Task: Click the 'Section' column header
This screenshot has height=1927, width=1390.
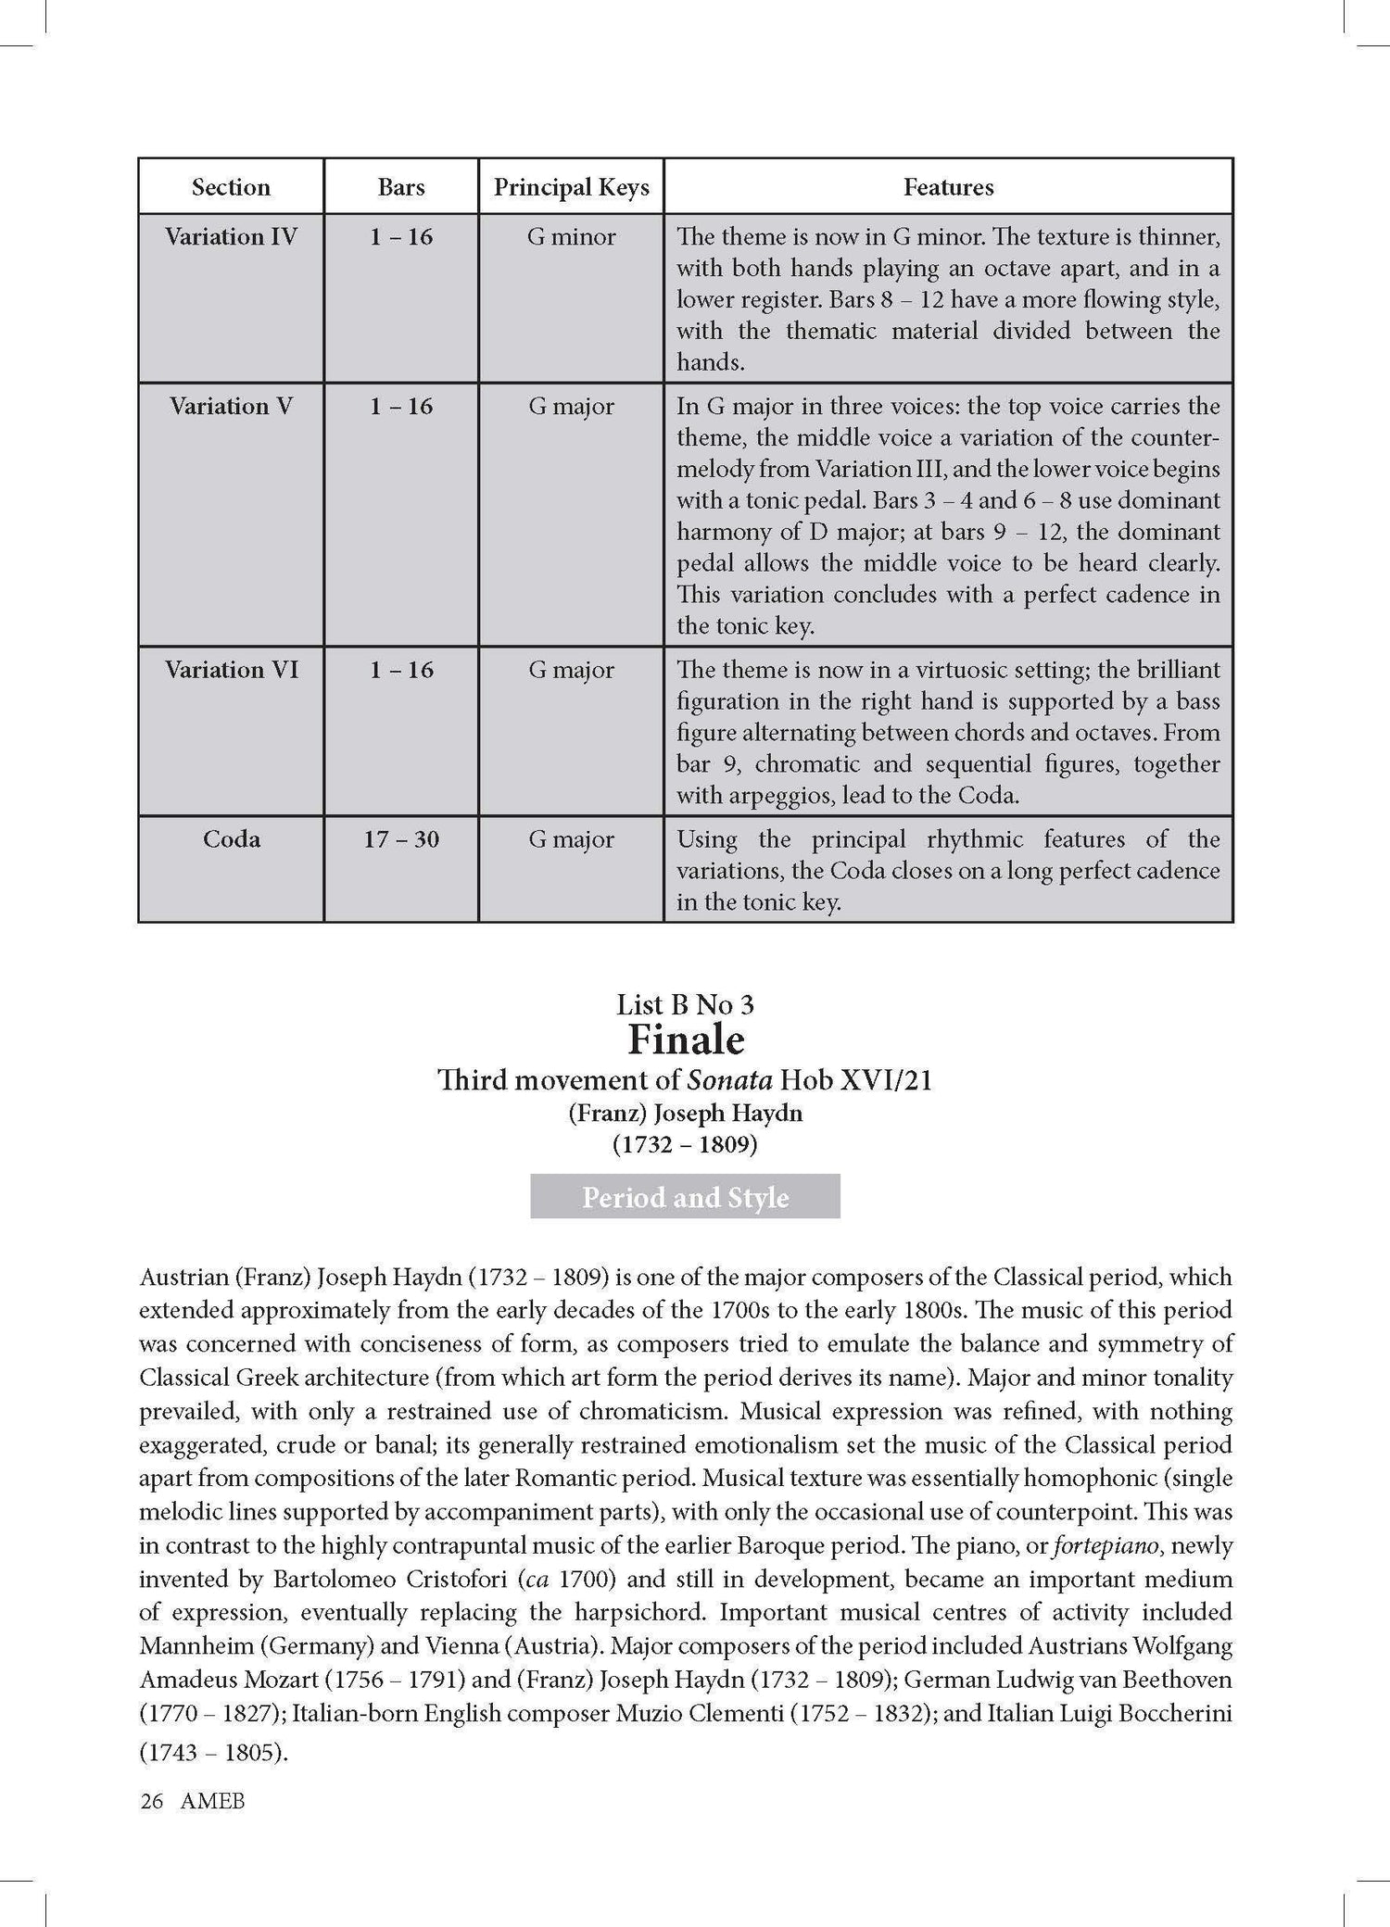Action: (x=231, y=187)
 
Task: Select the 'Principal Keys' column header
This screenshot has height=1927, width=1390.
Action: (x=571, y=187)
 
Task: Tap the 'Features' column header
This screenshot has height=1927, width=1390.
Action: (x=948, y=187)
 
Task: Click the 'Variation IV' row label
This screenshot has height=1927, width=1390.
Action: (x=231, y=237)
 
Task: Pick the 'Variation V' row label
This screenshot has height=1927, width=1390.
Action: (x=231, y=407)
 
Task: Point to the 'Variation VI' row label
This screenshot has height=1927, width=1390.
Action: (x=231, y=670)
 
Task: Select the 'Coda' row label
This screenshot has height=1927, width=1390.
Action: (x=231, y=839)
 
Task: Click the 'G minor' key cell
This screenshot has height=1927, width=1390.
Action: (x=571, y=237)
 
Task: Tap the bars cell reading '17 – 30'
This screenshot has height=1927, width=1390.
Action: (x=401, y=839)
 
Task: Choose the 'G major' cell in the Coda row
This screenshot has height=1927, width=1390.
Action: (x=571, y=839)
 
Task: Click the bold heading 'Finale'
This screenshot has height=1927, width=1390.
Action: (x=686, y=1040)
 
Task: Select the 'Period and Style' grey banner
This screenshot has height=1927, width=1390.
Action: (x=685, y=1197)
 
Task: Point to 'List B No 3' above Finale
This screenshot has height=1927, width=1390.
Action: (x=686, y=1004)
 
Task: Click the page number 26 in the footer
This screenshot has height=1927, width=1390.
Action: (x=151, y=1801)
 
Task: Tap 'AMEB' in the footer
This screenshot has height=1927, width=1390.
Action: (x=213, y=1801)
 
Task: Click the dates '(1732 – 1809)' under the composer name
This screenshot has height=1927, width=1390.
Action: (x=685, y=1145)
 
